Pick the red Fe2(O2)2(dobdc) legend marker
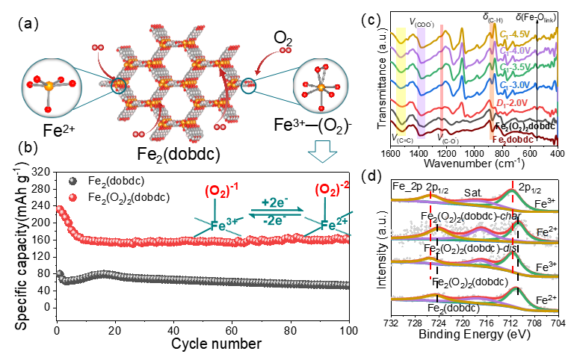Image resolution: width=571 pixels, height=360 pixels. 72,196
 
